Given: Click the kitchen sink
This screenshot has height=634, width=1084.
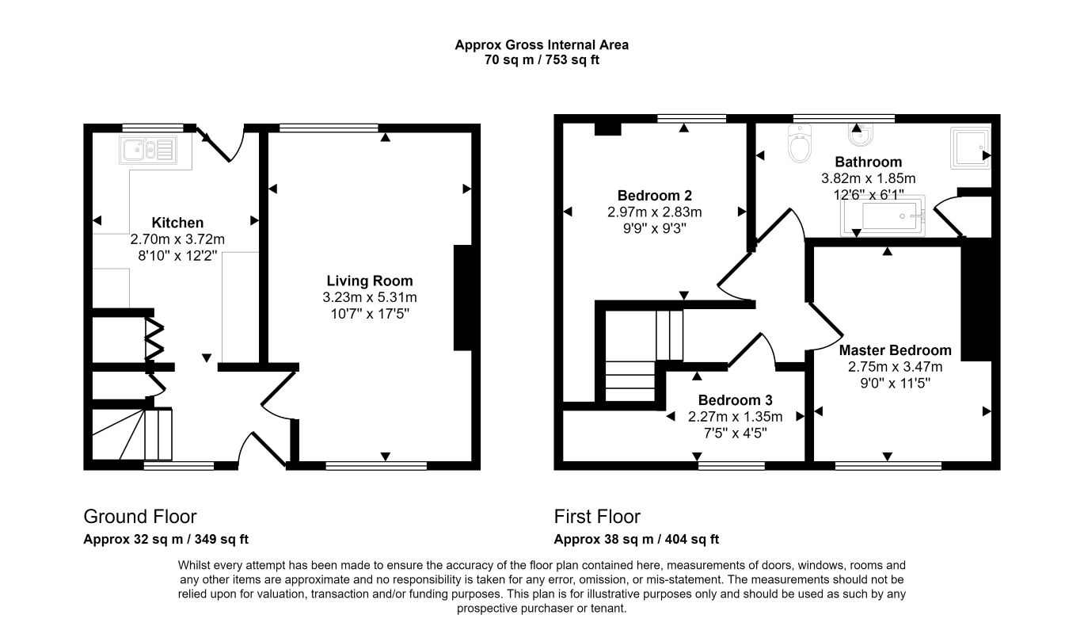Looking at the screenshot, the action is pyautogui.click(x=147, y=150).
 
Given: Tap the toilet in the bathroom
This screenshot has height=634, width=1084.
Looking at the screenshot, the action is pyautogui.click(x=799, y=143).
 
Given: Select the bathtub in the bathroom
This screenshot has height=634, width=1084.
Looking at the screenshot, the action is pyautogui.click(x=883, y=216).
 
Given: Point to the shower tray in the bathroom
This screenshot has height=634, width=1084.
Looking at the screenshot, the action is pyautogui.click(x=970, y=148).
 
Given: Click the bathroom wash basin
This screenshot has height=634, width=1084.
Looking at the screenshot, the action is pyautogui.click(x=860, y=135).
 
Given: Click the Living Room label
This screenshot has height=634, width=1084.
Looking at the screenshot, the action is pyautogui.click(x=370, y=281).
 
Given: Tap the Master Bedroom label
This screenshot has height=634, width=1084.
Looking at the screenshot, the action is pyautogui.click(x=896, y=350).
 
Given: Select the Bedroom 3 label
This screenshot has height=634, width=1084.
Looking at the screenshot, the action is pyautogui.click(x=735, y=400).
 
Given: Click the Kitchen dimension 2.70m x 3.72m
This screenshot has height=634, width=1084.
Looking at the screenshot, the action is pyautogui.click(x=177, y=239).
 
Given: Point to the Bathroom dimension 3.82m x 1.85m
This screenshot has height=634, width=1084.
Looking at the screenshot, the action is pyautogui.click(x=868, y=179).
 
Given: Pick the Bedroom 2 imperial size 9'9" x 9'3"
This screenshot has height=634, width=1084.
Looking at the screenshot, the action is pyautogui.click(x=655, y=228).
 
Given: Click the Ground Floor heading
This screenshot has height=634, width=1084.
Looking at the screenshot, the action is pyautogui.click(x=140, y=517).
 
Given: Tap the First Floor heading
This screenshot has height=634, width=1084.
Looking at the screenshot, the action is pyautogui.click(x=597, y=517).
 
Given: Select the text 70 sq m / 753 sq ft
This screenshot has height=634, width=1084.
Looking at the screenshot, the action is pyautogui.click(x=542, y=60).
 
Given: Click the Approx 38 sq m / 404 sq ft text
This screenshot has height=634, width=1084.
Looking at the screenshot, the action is pyautogui.click(x=637, y=540).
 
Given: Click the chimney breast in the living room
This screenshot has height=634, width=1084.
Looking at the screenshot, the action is pyautogui.click(x=462, y=298).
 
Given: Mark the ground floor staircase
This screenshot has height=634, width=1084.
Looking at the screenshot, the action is pyautogui.click(x=132, y=434).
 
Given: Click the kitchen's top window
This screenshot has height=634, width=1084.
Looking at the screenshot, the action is pyautogui.click(x=153, y=128).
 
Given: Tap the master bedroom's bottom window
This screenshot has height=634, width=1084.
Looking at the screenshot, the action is pyautogui.click(x=888, y=466).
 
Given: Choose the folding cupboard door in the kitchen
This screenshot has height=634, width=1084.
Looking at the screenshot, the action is pyautogui.click(x=155, y=339).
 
